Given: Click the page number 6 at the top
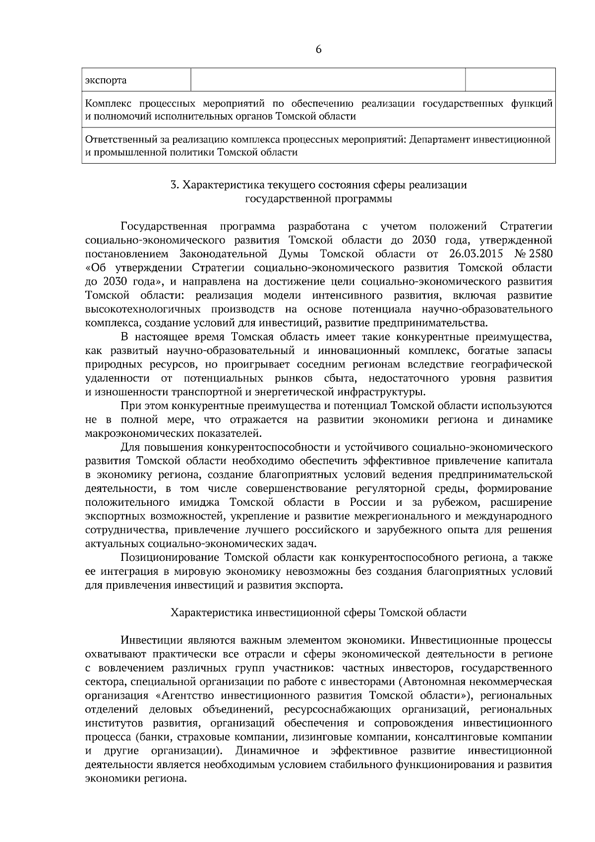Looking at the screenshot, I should pyautogui.click(x=318, y=50).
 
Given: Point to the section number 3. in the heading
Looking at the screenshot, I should pyautogui.click(x=174, y=185).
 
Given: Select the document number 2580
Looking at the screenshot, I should pyautogui.click(x=539, y=254).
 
